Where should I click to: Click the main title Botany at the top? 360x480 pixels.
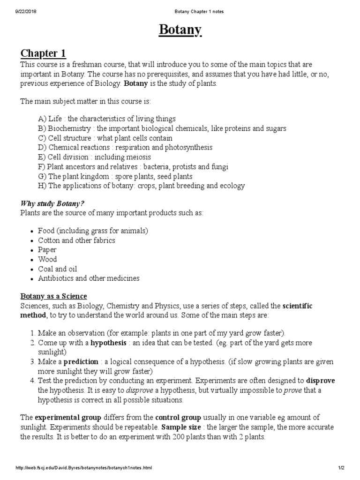click(180, 30)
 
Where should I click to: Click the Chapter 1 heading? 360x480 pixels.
click(46, 53)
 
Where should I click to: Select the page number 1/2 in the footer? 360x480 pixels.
click(341, 468)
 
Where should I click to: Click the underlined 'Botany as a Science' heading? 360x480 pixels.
click(53, 296)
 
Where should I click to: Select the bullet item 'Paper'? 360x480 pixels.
click(47, 250)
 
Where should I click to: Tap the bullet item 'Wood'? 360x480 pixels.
click(47, 259)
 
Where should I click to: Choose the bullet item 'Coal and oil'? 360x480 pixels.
click(58, 269)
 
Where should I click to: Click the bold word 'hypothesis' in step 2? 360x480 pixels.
click(108, 343)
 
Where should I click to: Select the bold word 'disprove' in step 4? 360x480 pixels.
click(321, 381)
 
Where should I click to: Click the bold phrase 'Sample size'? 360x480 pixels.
click(180, 427)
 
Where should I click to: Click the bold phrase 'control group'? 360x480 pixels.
click(178, 417)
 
